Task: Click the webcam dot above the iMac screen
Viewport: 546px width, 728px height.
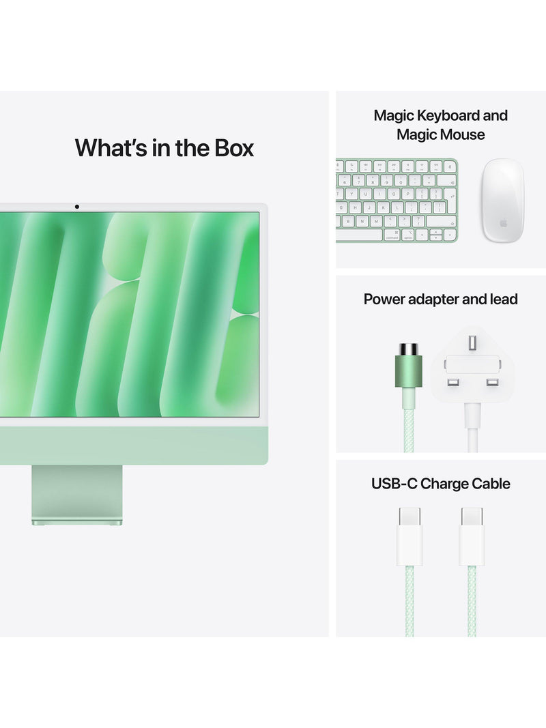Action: click(x=76, y=207)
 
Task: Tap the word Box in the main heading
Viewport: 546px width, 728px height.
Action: click(x=233, y=148)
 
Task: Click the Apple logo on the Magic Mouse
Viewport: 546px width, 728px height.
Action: click(x=503, y=223)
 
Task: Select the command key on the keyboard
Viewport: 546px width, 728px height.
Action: click(x=391, y=235)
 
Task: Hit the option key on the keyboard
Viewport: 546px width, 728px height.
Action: click(x=407, y=235)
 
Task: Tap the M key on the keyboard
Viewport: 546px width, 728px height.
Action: click(x=375, y=221)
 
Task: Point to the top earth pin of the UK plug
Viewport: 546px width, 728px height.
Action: click(x=472, y=343)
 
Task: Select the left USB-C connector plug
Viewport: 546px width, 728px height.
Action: click(x=409, y=537)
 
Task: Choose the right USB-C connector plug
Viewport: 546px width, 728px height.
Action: click(x=472, y=537)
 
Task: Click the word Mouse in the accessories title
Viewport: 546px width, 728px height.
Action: click(x=463, y=134)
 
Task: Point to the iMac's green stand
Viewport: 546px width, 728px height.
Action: click(x=77, y=495)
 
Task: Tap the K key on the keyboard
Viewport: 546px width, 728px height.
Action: click(x=383, y=208)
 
